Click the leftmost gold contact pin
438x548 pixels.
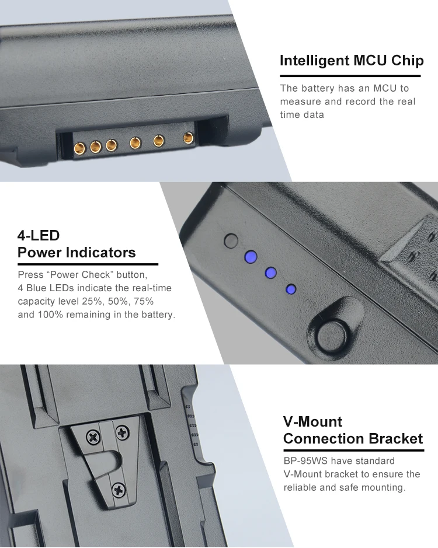pyautogui.click(x=80, y=148)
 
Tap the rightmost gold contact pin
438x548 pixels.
pyautogui.click(x=189, y=138)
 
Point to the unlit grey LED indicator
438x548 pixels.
pyautogui.click(x=231, y=241)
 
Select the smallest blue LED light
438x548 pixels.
pyautogui.click(x=291, y=289)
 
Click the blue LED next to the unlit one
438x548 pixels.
pyautogui.click(x=251, y=257)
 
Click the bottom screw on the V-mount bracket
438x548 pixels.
pyautogui.click(x=119, y=490)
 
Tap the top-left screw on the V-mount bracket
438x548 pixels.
pyautogui.click(x=93, y=437)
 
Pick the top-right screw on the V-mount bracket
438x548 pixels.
pyautogui.click(x=123, y=433)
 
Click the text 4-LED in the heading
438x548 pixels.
pyautogui.click(x=39, y=235)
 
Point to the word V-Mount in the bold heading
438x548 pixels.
pyautogui.click(x=313, y=421)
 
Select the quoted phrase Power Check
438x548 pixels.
pyautogui.click(x=80, y=275)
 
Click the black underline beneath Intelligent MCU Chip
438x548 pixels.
pyautogui.click(x=350, y=75)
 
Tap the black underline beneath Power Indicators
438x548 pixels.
pyautogui.click(x=88, y=264)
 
